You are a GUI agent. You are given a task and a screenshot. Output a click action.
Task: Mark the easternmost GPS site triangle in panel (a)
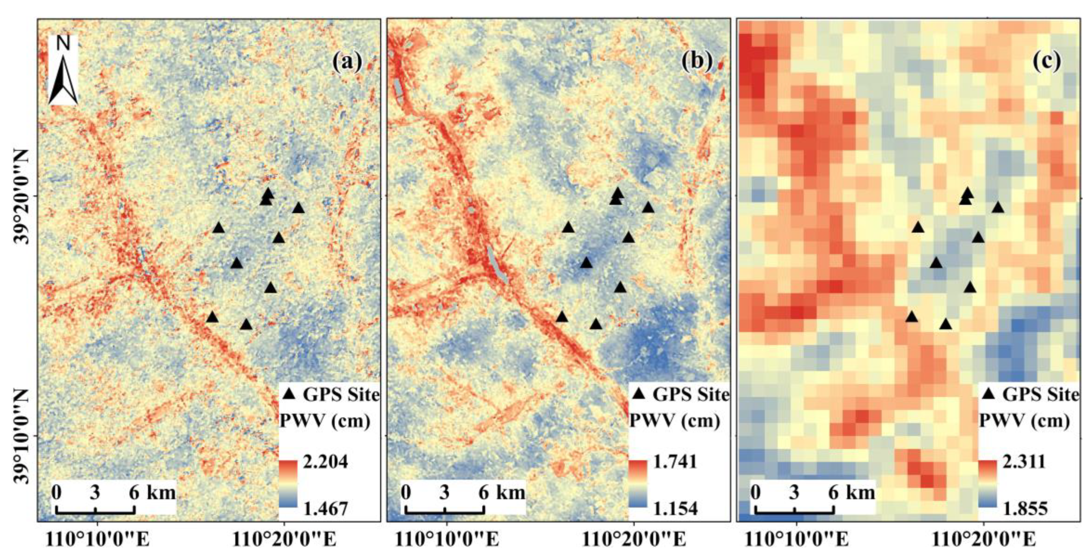pyautogui.click(x=298, y=208)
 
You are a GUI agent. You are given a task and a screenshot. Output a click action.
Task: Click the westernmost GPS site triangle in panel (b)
pyautogui.click(x=562, y=317)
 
